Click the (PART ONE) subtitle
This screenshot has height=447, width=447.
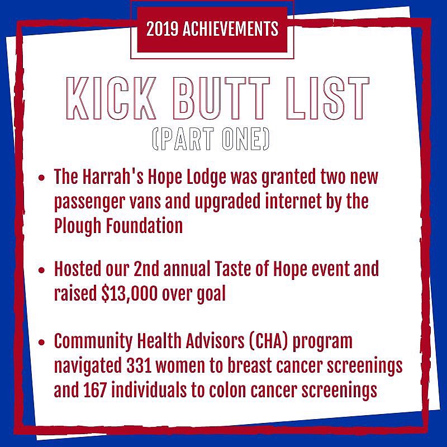point(211,140)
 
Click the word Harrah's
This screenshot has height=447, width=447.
point(115,178)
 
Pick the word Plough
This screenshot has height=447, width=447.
point(74,226)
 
